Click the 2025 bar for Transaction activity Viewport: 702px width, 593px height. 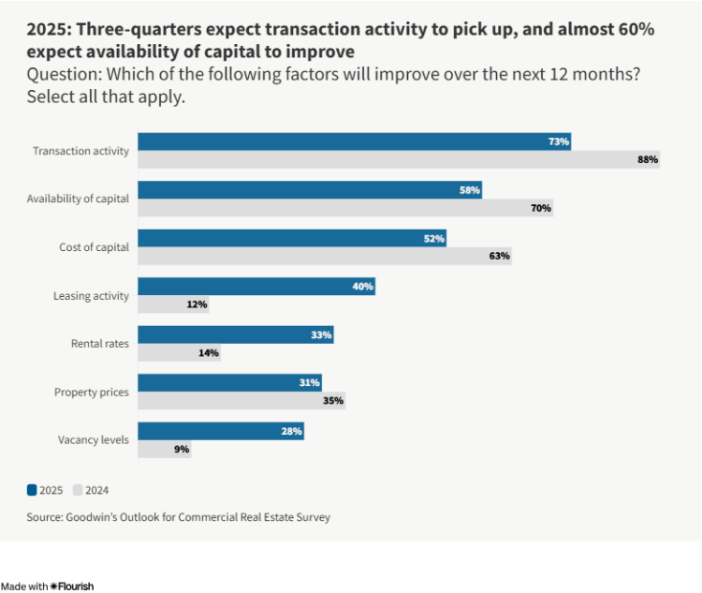(x=356, y=141)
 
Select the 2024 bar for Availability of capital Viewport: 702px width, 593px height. (x=346, y=208)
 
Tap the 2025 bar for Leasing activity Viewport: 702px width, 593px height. (x=257, y=287)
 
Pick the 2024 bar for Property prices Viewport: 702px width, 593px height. (x=242, y=401)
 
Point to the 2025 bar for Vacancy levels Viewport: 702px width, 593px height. (x=222, y=431)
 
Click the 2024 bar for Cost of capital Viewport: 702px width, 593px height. (x=325, y=256)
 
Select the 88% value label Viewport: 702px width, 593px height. (x=648, y=160)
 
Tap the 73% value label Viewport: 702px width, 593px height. (x=559, y=141)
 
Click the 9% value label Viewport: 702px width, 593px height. (x=182, y=450)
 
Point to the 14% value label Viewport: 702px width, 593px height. (x=208, y=353)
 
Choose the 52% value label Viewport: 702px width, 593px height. (x=433, y=239)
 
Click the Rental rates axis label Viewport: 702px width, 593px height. (x=100, y=344)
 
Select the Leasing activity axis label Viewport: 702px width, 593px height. (x=91, y=296)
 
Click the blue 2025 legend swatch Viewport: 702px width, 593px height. (x=32, y=489)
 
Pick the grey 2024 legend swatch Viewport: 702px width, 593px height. (x=78, y=489)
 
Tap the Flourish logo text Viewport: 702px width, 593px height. (x=72, y=586)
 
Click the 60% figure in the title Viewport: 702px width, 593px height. (x=632, y=29)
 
